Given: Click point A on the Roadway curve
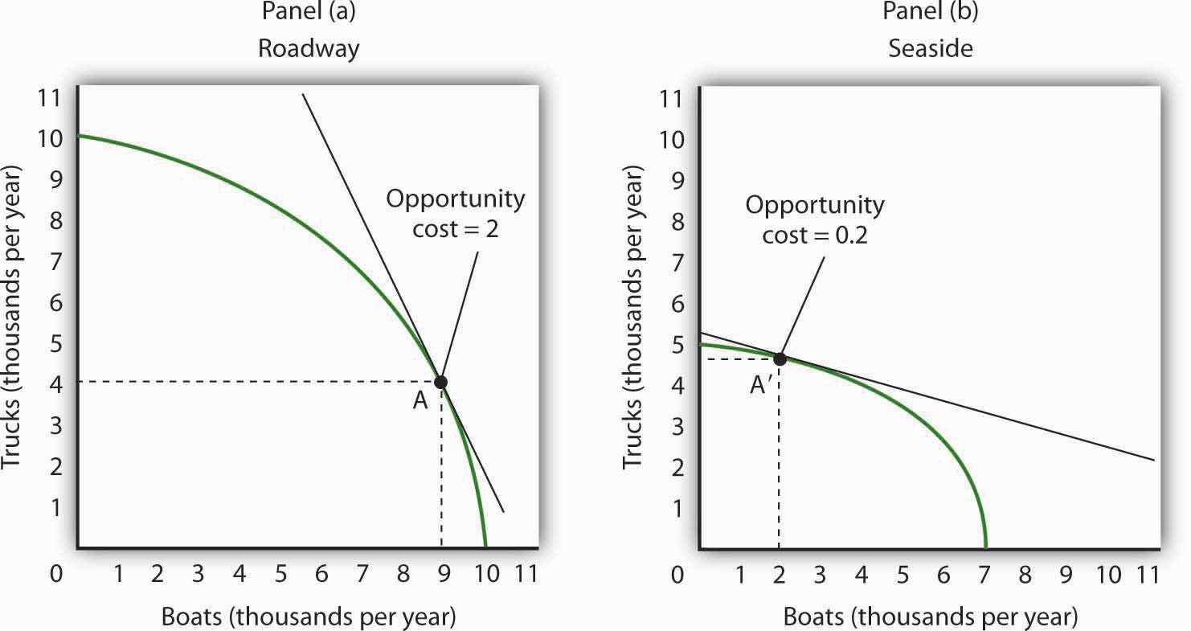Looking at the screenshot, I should pos(440,382).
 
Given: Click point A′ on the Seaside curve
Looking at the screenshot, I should pos(780,358).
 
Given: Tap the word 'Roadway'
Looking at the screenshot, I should pos(308,48).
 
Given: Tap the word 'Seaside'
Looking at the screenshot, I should pos(931,48).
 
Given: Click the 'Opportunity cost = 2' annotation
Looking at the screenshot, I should pos(455,213).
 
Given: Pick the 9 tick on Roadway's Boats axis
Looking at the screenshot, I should pos(443,574).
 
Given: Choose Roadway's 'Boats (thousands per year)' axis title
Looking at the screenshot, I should pos(309,617).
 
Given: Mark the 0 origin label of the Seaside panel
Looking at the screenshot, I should pos(677,574).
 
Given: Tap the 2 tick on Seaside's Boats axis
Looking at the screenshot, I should pos(780,574).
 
